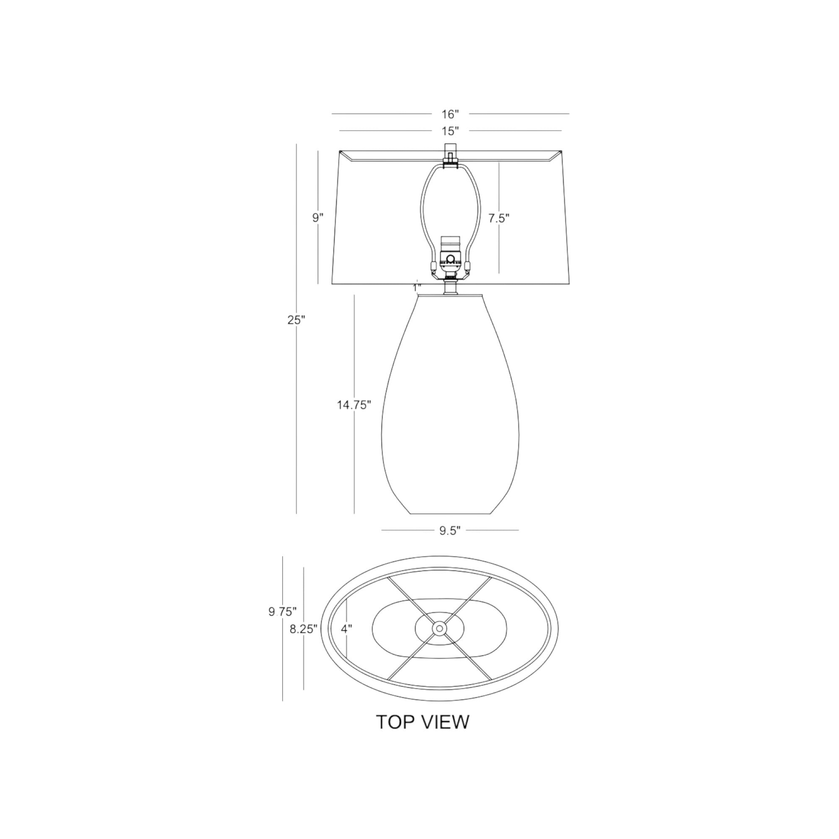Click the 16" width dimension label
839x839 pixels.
click(x=450, y=114)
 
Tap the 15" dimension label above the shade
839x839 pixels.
click(x=450, y=131)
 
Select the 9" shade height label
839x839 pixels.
click(x=318, y=218)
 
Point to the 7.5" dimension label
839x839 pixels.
click(x=498, y=219)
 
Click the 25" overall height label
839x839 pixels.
click(x=297, y=320)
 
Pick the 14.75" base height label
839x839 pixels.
click(x=354, y=405)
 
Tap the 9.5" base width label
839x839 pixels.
click(x=449, y=531)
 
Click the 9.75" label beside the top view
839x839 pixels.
click(x=283, y=612)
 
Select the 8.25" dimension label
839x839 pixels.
click(x=304, y=629)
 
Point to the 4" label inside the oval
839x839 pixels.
click(x=346, y=629)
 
